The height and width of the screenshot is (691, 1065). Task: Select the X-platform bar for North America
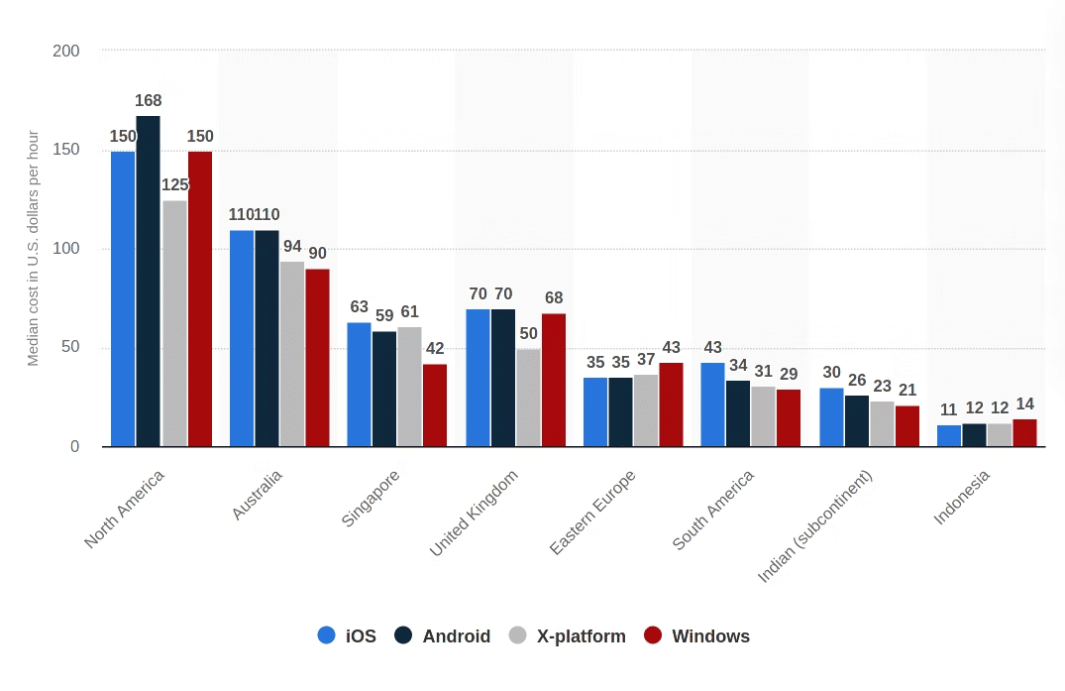coord(174,323)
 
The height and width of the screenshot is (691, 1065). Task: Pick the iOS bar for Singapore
coord(359,385)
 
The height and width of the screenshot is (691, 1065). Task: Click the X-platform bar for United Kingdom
coord(528,398)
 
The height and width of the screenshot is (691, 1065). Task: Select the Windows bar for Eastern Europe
coord(671,404)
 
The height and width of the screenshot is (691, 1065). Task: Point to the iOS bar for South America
coord(712,404)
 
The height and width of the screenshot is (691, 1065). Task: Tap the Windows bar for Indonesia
coord(1024,433)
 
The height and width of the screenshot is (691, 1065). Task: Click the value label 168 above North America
coord(149,101)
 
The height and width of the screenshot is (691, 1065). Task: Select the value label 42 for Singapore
coord(435,349)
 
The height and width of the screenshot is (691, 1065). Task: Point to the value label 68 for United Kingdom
coord(553,298)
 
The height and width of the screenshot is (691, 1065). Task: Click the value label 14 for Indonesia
coord(1024,404)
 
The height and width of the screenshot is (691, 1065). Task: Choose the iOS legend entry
coord(348,636)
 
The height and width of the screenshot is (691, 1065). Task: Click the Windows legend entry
coord(697,636)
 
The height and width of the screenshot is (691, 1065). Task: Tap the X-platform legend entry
coord(568,636)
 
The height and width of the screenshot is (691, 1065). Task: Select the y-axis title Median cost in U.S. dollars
coord(34,248)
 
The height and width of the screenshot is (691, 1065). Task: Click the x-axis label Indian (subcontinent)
coord(815,525)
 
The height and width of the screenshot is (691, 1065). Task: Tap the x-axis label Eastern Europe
coord(592,512)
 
